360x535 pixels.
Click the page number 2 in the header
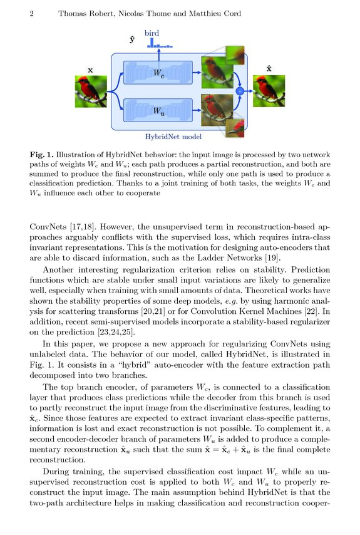coord(31,13)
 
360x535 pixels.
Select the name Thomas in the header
coord(73,13)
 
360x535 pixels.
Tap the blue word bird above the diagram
coord(152,33)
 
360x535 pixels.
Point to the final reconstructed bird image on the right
coord(269,91)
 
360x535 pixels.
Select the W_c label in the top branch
coord(160,73)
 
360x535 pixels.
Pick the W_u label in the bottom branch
coord(160,112)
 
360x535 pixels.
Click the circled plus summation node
coord(239,91)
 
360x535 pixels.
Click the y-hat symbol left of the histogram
coord(132,39)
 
